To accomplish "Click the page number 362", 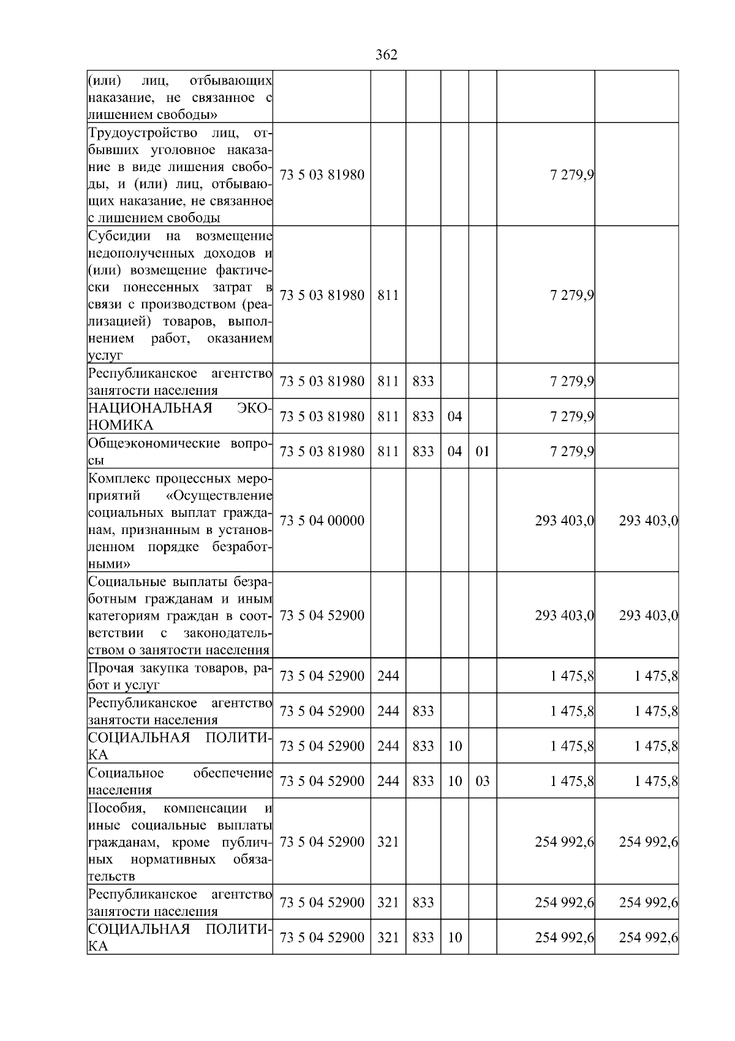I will pos(386,55).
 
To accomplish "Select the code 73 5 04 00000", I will pos(322,520).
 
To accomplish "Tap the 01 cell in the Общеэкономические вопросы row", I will pos(483,451).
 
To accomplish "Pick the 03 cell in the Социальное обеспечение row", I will pos(483,781).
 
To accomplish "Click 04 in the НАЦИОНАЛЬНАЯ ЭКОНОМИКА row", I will pos(454,416).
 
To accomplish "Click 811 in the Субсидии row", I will pos(388,295).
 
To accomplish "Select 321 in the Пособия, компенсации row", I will pos(388,842).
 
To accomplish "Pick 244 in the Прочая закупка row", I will pos(388,676).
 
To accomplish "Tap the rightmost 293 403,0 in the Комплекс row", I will pos(648,520).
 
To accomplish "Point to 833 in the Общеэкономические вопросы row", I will pos(423,451).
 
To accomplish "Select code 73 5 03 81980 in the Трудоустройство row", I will pos(322,175).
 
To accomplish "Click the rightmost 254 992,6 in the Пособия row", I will pos(648,842).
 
